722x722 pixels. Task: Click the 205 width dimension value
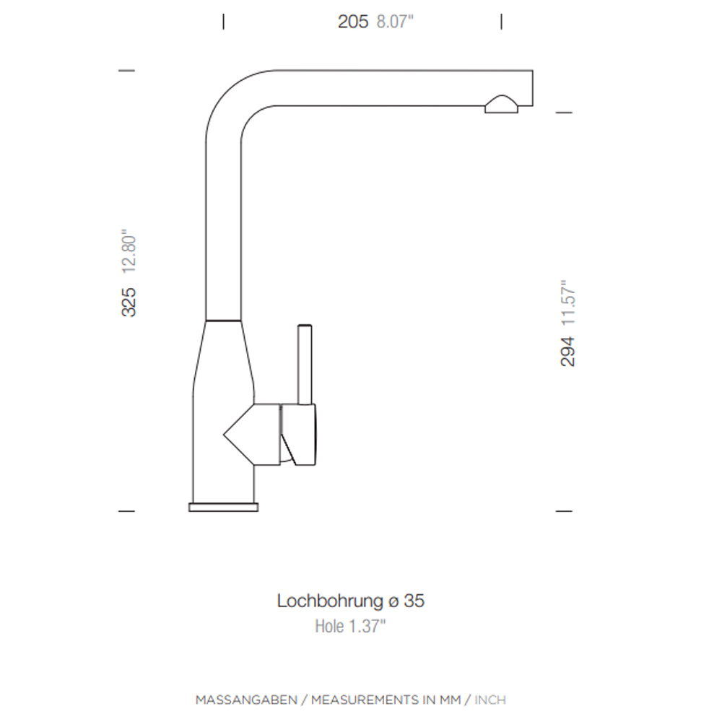[353, 22]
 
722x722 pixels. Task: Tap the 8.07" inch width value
[395, 22]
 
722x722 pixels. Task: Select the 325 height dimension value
[129, 302]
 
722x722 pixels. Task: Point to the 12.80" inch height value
[129, 251]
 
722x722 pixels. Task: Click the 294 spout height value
[567, 352]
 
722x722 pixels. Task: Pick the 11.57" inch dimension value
[567, 303]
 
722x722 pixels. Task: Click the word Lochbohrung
[330, 601]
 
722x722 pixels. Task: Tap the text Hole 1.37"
[350, 626]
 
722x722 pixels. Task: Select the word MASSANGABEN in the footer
[246, 700]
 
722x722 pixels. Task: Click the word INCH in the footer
[490, 700]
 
